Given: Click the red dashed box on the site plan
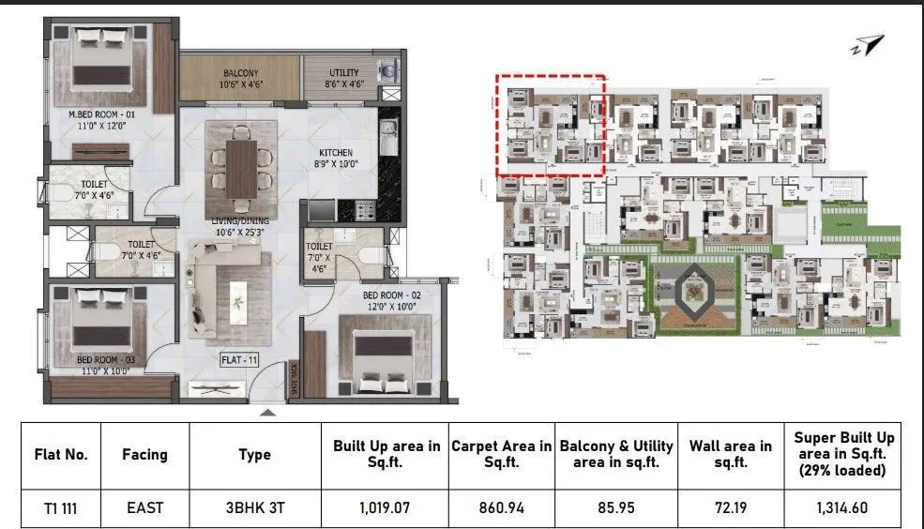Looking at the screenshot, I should pyautogui.click(x=550, y=126).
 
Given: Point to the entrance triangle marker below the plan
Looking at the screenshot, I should pyautogui.click(x=268, y=411).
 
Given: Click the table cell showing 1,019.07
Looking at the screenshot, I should pyautogui.click(x=385, y=507).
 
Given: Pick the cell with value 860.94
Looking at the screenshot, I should pyautogui.click(x=501, y=507).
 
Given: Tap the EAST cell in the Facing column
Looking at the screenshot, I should pyautogui.click(x=144, y=507).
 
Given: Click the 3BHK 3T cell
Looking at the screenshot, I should pyautogui.click(x=254, y=507).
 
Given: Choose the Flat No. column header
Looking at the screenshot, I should pyautogui.click(x=60, y=454).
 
